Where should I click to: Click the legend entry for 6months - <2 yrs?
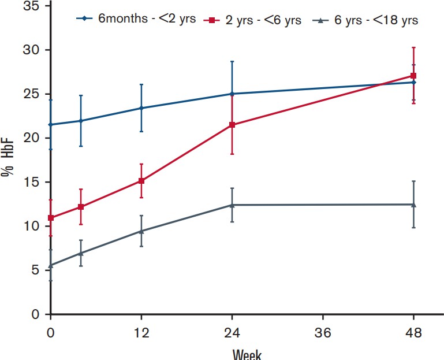point(136,19)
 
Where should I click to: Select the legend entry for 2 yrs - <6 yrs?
point(255,20)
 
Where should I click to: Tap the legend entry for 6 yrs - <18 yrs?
point(366,20)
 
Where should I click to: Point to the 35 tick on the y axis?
point(31,6)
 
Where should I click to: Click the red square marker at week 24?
point(232,125)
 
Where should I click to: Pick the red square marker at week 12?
point(141,181)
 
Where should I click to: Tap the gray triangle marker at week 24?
point(232,205)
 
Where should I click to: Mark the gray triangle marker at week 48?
point(414,204)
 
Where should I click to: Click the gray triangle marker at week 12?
point(141,231)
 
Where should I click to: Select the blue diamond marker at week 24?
point(232,94)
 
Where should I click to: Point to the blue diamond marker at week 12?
point(141,108)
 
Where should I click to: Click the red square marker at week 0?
point(51,218)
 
